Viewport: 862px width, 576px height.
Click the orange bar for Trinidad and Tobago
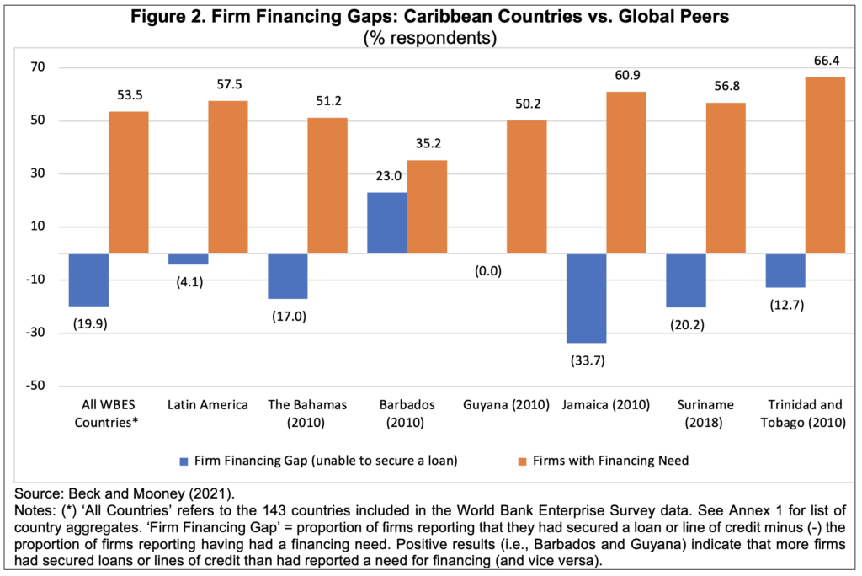825,165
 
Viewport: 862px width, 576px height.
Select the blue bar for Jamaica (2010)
587,298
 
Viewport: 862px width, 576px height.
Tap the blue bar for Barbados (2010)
386,223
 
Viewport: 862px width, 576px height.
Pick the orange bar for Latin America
228,177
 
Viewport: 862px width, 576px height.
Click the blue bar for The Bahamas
287,276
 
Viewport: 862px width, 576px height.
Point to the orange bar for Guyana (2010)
526,187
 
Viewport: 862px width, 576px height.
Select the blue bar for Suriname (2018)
686,280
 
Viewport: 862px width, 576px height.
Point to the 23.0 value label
386,179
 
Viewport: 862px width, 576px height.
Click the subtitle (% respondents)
430,38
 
